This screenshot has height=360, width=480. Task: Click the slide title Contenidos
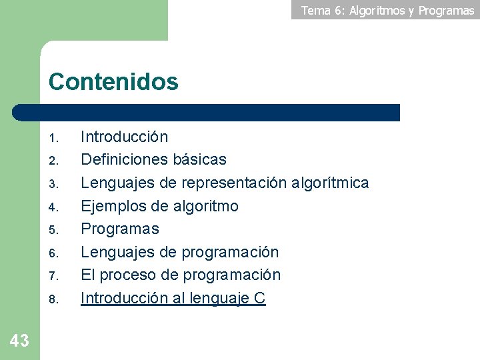click(113, 82)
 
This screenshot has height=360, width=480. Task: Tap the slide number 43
click(19, 341)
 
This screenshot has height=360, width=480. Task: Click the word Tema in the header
click(317, 10)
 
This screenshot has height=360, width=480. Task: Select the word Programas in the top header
click(446, 11)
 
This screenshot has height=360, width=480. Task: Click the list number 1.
click(55, 139)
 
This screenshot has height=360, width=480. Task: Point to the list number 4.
click(55, 207)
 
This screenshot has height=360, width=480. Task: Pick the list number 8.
click(55, 299)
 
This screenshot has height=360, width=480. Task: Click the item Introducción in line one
click(125, 137)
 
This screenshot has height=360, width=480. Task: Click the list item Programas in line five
click(120, 229)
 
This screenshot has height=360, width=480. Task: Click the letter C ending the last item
click(260, 298)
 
